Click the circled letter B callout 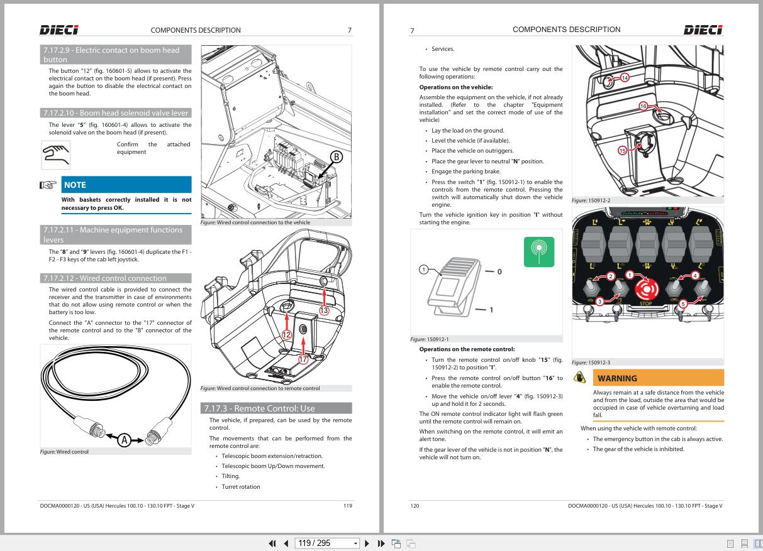point(337,157)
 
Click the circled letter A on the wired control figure point(125,440)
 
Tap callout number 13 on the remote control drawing point(324,310)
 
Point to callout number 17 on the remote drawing point(303,359)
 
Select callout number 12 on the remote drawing point(286,335)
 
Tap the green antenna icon point(539,252)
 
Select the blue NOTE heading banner point(126,185)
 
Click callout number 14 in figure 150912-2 point(625,78)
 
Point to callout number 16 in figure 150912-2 point(643,106)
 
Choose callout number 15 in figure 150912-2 point(623,151)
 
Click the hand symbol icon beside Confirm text point(55,155)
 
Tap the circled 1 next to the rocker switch point(424,270)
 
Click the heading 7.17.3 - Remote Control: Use point(276,408)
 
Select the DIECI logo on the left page point(59,30)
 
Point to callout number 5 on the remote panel point(682,303)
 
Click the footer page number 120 point(415,505)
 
